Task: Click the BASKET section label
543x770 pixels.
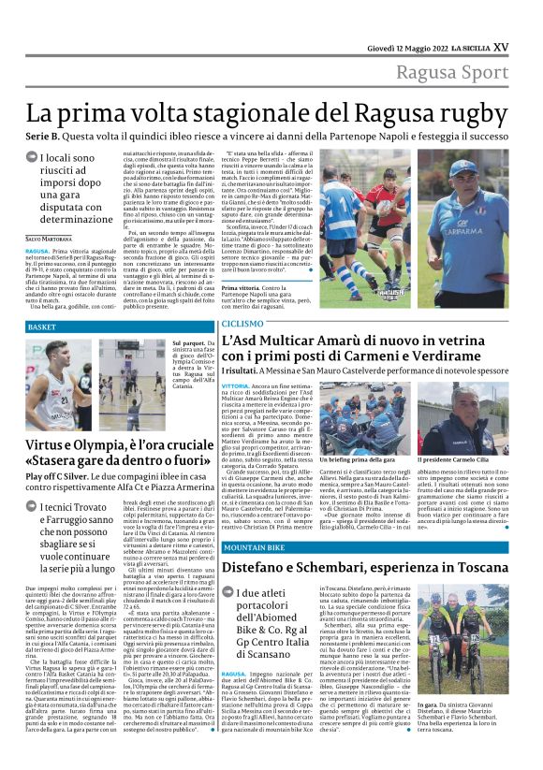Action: coord(43,327)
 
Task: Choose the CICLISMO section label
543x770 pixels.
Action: coord(242,323)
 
